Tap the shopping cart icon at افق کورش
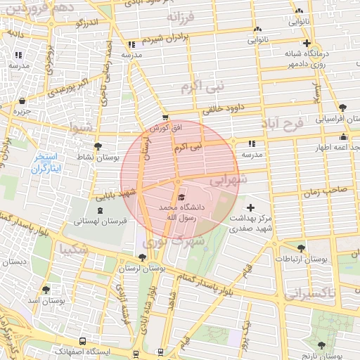coord(165,118)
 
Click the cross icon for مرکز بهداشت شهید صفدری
coord(251,207)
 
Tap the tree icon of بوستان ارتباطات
coord(302,247)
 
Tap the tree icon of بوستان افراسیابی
coord(342,108)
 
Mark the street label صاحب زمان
coord(325,190)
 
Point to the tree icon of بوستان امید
coord(46,289)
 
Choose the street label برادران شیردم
coord(166,39)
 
